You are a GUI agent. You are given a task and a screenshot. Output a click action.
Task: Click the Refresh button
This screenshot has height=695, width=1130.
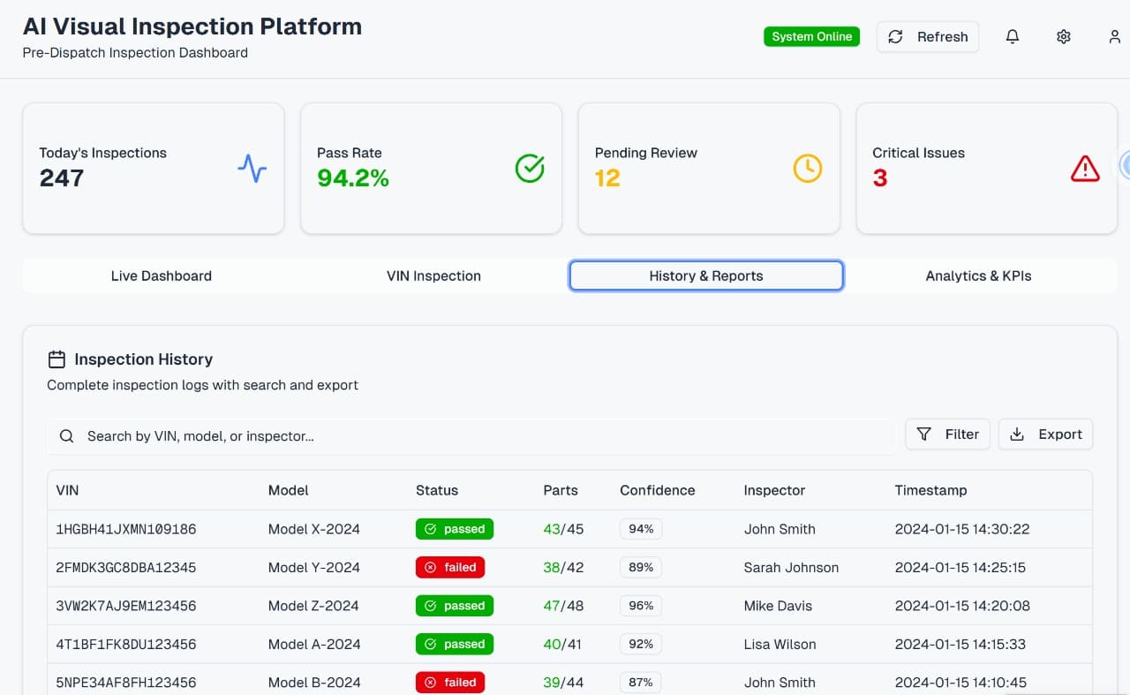point(928,37)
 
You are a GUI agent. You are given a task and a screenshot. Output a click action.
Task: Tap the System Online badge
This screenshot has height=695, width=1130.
point(811,37)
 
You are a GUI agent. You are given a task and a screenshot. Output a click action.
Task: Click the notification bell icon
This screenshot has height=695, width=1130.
point(1013,37)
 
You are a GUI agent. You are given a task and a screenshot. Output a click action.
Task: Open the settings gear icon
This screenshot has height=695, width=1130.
point(1064,37)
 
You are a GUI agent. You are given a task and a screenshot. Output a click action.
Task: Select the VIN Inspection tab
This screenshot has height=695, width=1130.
point(433,276)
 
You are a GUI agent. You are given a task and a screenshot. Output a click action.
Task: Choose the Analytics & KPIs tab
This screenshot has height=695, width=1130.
point(978,276)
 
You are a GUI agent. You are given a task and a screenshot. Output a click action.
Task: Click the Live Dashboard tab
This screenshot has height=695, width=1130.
point(162,276)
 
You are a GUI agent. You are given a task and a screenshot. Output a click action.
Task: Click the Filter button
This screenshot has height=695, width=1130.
point(947,434)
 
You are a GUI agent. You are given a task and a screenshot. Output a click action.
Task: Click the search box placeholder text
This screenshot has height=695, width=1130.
point(200,436)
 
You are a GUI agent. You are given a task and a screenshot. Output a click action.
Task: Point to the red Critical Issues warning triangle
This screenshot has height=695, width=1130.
point(1085,169)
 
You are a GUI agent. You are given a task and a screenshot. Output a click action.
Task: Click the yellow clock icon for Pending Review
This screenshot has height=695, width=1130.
point(807,169)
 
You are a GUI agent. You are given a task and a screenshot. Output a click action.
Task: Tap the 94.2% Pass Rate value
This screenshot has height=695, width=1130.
point(353,178)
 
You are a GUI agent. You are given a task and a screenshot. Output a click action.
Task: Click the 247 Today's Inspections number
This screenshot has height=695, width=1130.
point(62,178)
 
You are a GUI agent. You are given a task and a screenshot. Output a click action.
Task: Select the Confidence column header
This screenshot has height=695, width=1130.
point(657,490)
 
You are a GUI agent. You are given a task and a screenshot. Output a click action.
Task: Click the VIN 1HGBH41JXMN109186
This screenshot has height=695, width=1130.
point(125,530)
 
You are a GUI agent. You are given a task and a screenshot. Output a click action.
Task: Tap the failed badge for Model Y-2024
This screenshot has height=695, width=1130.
point(450,568)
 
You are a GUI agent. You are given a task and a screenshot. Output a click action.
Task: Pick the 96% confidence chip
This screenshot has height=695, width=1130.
point(641,606)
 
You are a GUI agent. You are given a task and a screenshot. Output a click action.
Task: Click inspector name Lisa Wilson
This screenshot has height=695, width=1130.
point(780,645)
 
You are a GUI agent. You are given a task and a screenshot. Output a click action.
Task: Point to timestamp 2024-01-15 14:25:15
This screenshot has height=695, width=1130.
point(960,568)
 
